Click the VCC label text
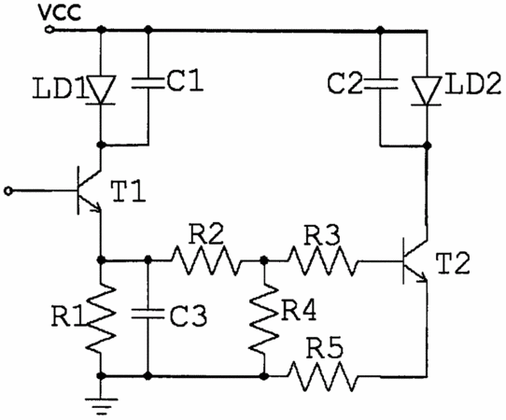[x=60, y=13]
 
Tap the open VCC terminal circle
[x=49, y=30]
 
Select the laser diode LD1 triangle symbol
[x=102, y=90]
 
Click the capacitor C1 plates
[x=148, y=82]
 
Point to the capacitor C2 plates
[x=381, y=83]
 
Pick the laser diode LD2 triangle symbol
[x=428, y=91]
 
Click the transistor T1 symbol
[x=88, y=189]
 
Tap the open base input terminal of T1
[x=8, y=191]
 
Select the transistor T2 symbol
[x=415, y=261]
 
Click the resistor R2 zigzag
[x=206, y=260]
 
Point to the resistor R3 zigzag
[x=323, y=260]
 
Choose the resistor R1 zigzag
[x=101, y=318]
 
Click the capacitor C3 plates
[x=148, y=314]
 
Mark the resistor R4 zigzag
[x=264, y=318]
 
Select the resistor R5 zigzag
[x=323, y=376]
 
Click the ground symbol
[x=101, y=406]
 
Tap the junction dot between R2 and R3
[x=264, y=259]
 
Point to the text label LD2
[x=472, y=84]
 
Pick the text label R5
[x=324, y=348]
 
